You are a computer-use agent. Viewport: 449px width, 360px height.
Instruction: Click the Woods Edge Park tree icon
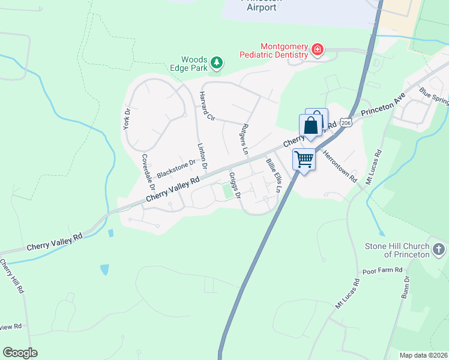pyautogui.click(x=217, y=62)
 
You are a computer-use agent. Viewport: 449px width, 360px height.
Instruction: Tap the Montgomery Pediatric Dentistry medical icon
pyautogui.click(x=318, y=49)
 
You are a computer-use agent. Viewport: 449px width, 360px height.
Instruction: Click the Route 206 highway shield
pyautogui.click(x=345, y=122)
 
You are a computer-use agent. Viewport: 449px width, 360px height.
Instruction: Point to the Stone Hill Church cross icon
pyautogui.click(x=439, y=248)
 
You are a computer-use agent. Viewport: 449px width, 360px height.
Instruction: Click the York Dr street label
pyautogui.click(x=127, y=119)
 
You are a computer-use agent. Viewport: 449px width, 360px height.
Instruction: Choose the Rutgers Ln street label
pyautogui.click(x=244, y=139)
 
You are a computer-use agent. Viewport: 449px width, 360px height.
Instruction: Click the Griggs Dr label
pyautogui.click(x=235, y=185)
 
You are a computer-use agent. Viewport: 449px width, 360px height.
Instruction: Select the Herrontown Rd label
pyautogui.click(x=340, y=162)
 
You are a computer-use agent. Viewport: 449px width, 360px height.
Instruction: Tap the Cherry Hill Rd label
pyautogui.click(x=13, y=276)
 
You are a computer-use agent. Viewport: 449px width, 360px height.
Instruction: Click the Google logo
pyautogui.click(x=20, y=353)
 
